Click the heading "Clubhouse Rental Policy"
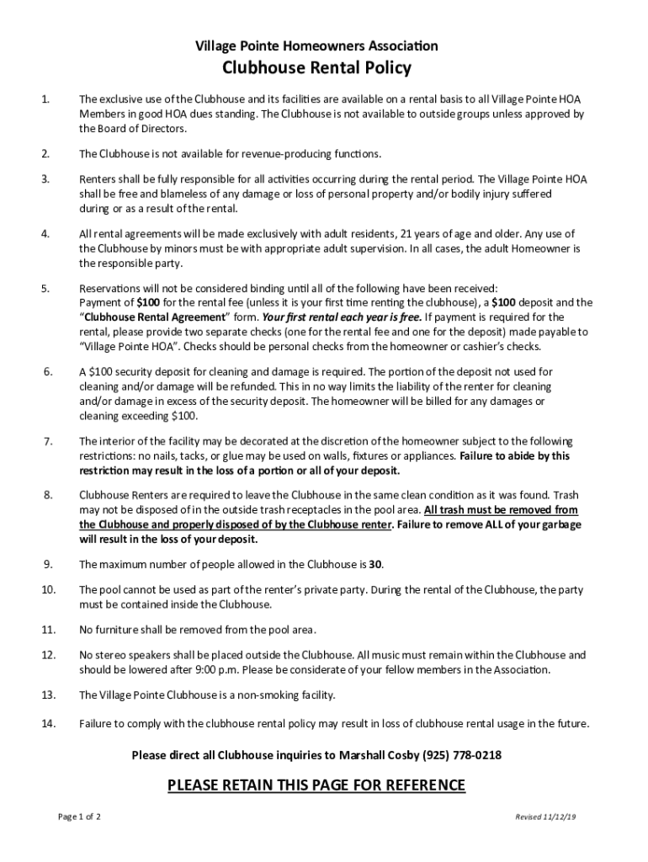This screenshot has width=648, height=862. pos(316,68)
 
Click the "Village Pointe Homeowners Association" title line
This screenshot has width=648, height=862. pos(316,45)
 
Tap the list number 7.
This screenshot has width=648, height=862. pos(48,441)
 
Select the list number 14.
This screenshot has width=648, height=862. pos(48,723)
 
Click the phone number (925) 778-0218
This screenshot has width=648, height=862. pos(465,755)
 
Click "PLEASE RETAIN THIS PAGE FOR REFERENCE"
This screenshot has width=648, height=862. pos(316,785)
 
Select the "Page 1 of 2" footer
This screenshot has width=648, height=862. pos(79,817)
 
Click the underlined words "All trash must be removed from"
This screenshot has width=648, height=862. pos(501,510)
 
